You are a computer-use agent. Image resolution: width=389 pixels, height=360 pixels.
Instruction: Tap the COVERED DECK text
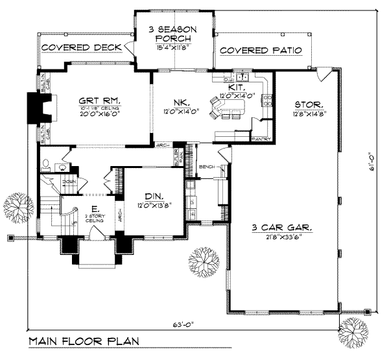click(82, 48)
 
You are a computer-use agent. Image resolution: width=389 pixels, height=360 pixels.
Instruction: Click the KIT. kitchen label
click(236, 86)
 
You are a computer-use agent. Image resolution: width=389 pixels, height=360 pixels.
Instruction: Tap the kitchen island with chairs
click(224, 108)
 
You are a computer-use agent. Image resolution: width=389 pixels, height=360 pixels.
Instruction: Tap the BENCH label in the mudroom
click(207, 166)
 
